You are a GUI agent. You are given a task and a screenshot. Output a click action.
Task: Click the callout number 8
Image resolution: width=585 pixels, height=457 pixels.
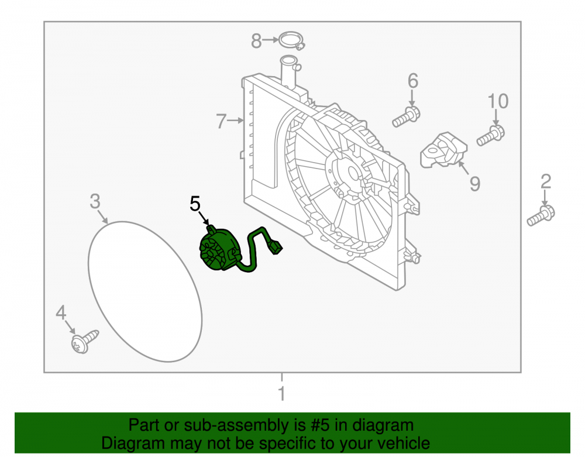click(256, 40)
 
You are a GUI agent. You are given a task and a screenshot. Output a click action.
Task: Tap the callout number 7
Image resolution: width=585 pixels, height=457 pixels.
click(221, 121)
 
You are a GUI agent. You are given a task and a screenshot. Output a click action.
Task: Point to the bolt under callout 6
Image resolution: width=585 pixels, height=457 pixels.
click(406, 117)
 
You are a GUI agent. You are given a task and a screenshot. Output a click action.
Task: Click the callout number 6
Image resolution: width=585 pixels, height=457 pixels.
click(412, 81)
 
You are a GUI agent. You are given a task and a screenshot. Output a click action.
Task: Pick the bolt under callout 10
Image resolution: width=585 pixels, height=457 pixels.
click(491, 136)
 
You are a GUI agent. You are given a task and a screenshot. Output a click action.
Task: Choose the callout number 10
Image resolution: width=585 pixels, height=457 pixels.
click(498, 101)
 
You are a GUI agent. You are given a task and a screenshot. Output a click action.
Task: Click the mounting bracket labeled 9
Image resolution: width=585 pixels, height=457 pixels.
click(443, 150)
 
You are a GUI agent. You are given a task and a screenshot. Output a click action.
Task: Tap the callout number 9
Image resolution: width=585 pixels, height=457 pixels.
click(474, 184)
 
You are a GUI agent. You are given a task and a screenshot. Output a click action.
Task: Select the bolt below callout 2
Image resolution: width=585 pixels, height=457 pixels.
click(541, 216)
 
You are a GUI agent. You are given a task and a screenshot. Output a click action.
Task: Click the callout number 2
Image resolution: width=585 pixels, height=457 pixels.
click(545, 181)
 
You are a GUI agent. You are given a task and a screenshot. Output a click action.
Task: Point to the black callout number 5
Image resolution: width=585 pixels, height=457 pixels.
click(195, 204)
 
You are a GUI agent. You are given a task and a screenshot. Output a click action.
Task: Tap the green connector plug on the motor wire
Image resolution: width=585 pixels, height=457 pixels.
click(276, 246)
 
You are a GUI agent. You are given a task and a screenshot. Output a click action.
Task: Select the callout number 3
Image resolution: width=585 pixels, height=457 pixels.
click(95, 201)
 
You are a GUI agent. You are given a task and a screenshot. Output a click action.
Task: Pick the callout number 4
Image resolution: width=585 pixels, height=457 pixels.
click(61, 312)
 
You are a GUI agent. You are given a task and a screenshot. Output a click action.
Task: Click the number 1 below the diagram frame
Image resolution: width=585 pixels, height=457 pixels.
click(282, 394)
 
